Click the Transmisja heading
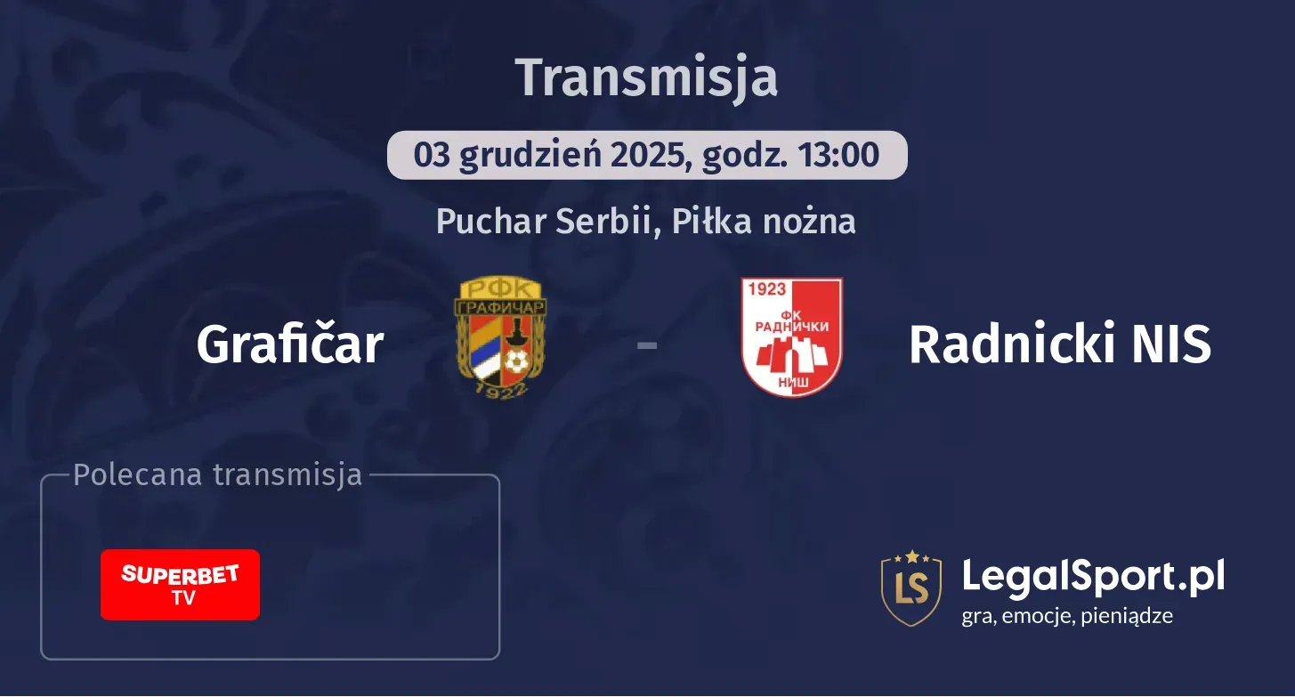[x=647, y=77]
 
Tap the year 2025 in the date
[x=648, y=155]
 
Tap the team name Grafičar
[x=290, y=344]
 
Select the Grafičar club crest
[x=501, y=337]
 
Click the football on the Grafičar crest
[x=516, y=361]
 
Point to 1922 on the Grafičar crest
[x=500, y=388]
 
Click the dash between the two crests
[x=647, y=344]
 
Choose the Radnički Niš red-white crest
[x=791, y=337]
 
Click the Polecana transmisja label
[x=218, y=475]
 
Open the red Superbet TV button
[x=180, y=585]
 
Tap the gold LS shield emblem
[x=911, y=588]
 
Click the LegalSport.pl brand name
[x=1093, y=576]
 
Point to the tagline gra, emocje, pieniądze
[x=1067, y=616]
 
